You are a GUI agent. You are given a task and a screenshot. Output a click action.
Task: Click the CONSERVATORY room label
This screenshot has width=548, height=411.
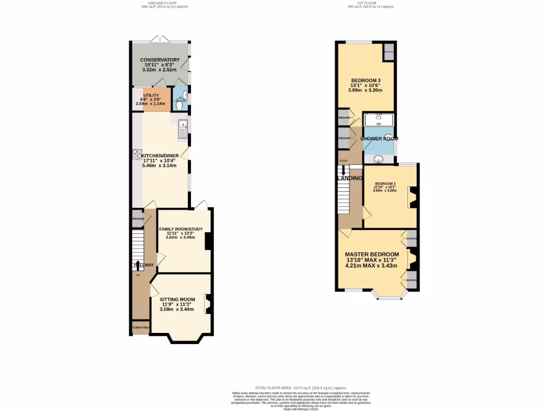pos(159,60)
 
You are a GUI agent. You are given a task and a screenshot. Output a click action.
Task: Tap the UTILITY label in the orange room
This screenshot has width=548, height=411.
pos(151,95)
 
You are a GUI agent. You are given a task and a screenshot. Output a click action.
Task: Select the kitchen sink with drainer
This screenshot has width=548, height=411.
pos(182,130)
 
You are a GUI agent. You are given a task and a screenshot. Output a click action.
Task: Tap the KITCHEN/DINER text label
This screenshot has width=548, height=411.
pos(160,156)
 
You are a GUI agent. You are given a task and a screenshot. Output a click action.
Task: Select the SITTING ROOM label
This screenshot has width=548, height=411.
pos(177,299)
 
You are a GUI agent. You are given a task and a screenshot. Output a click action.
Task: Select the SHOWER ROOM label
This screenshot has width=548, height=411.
pos(379,139)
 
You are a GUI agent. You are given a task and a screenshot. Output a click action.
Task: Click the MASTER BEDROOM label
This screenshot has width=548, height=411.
pos(371,254)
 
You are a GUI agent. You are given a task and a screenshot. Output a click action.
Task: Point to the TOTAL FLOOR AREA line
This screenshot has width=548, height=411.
pos(300,387)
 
